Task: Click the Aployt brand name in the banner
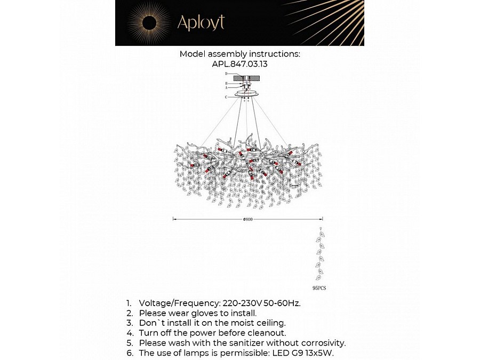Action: (x=201, y=22)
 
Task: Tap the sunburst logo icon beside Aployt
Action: (x=149, y=22)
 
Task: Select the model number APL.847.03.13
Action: (x=239, y=63)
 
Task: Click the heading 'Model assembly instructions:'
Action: (x=239, y=54)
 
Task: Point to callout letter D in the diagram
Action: (x=226, y=73)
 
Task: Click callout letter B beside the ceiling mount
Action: (x=226, y=83)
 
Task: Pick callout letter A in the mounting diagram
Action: (x=226, y=87)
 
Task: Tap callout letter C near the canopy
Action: (x=226, y=97)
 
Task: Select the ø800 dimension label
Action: (x=247, y=219)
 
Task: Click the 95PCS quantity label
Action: (x=319, y=287)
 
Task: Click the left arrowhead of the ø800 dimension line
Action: (x=174, y=219)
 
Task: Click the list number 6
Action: (x=129, y=353)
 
